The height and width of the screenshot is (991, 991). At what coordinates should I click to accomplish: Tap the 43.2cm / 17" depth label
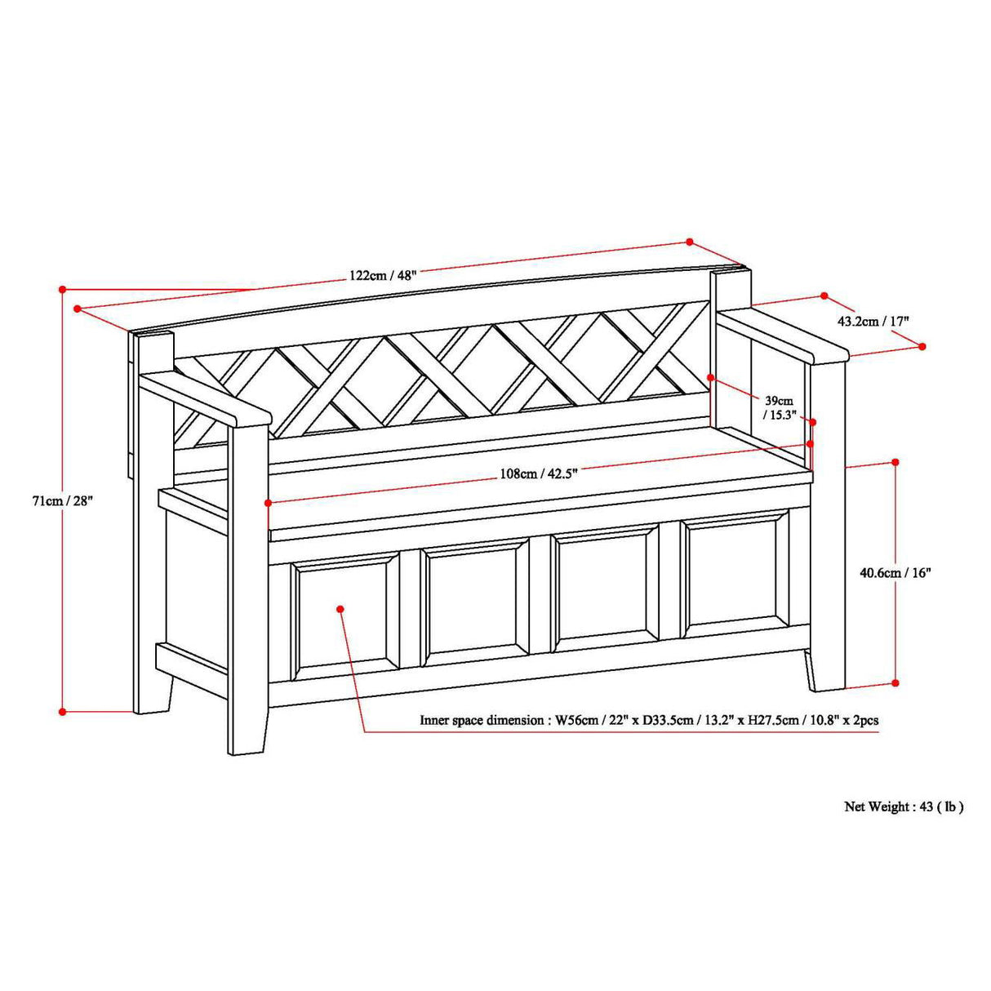click(873, 321)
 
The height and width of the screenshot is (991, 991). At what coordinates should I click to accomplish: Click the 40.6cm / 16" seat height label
click(895, 572)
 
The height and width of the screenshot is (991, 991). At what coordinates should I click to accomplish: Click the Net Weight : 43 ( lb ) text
click(904, 807)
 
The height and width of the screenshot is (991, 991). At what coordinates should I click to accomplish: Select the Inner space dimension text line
click(649, 720)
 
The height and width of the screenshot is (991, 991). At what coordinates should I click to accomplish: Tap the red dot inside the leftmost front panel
click(340, 608)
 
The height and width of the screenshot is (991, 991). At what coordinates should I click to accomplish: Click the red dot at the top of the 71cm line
click(62, 289)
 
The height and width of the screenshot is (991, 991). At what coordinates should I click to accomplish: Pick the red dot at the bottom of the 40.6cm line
click(895, 682)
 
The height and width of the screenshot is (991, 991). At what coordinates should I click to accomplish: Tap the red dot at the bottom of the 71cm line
click(62, 712)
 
